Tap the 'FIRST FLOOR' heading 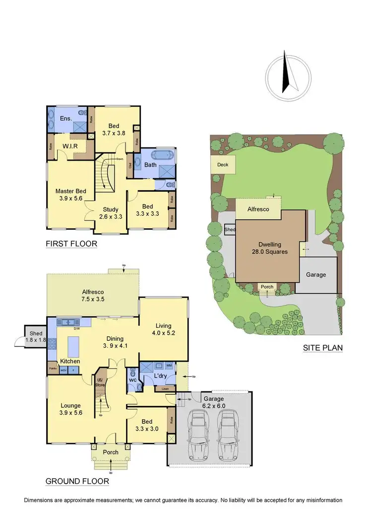point(71,244)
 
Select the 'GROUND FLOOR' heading point(77,481)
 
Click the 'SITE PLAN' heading point(322,348)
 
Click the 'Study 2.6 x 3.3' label point(110,213)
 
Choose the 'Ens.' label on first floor point(66,118)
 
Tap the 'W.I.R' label point(72,146)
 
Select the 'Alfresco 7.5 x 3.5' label point(93,296)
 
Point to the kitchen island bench point(73,344)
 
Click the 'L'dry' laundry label point(161,376)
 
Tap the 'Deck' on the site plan point(222,164)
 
